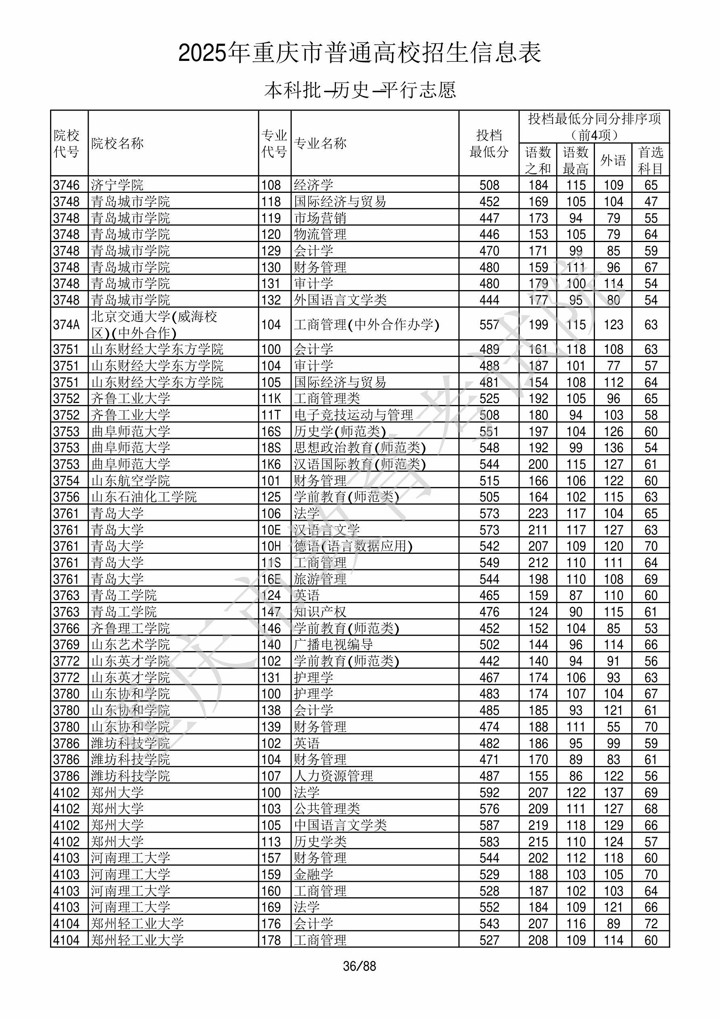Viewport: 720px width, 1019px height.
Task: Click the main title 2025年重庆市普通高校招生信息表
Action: pyautogui.click(x=359, y=53)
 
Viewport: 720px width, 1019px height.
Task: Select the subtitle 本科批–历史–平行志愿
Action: pyautogui.click(x=359, y=90)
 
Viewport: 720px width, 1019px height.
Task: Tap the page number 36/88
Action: pyautogui.click(x=359, y=966)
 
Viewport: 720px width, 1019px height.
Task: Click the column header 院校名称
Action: pyautogui.click(x=118, y=143)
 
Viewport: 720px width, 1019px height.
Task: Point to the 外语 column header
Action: pyautogui.click(x=613, y=160)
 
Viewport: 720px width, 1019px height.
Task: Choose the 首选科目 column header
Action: pyautogui.click(x=650, y=160)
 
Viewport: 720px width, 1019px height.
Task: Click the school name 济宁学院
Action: pyautogui.click(x=117, y=185)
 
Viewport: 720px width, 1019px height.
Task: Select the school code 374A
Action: pyautogui.click(x=66, y=325)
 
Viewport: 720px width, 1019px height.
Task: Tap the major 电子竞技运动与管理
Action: pyautogui.click(x=353, y=415)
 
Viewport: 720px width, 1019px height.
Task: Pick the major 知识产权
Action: pyautogui.click(x=320, y=612)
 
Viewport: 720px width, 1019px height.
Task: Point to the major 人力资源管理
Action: pyautogui.click(x=333, y=776)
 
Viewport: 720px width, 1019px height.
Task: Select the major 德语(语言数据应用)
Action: pyautogui.click(x=353, y=546)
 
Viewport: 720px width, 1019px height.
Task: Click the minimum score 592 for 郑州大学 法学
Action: pyautogui.click(x=489, y=793)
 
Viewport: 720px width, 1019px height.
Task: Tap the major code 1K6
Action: pyautogui.click(x=271, y=464)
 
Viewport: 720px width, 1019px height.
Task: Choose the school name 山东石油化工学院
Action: pyautogui.click(x=144, y=497)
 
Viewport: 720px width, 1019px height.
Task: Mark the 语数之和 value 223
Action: pyautogui.click(x=538, y=514)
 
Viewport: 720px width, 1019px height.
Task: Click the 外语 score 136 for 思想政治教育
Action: pyautogui.click(x=613, y=448)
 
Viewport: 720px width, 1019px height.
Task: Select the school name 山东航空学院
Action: pyautogui.click(x=131, y=480)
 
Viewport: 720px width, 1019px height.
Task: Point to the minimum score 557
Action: pyautogui.click(x=489, y=325)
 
